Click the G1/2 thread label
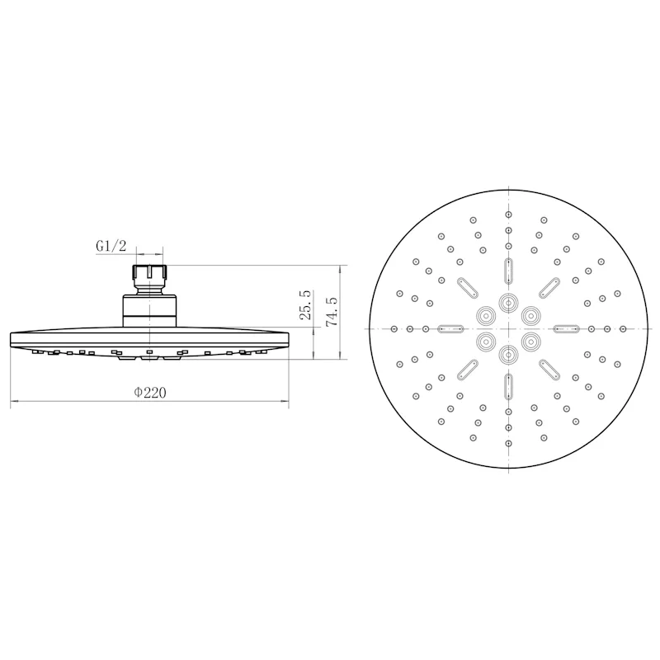pyautogui.click(x=111, y=246)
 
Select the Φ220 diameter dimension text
pyautogui.click(x=150, y=393)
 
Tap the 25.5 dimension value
pyautogui.click(x=305, y=304)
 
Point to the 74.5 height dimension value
pyautogui.click(x=332, y=312)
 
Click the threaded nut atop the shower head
pyautogui.click(x=150, y=276)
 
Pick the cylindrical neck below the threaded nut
pyautogui.click(x=150, y=311)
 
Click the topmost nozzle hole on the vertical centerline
pyautogui.click(x=508, y=214)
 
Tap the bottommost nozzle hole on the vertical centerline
pyautogui.click(x=508, y=443)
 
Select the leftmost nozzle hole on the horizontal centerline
pyautogui.click(x=394, y=328)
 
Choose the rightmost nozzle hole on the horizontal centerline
pyautogui.click(x=623, y=328)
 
